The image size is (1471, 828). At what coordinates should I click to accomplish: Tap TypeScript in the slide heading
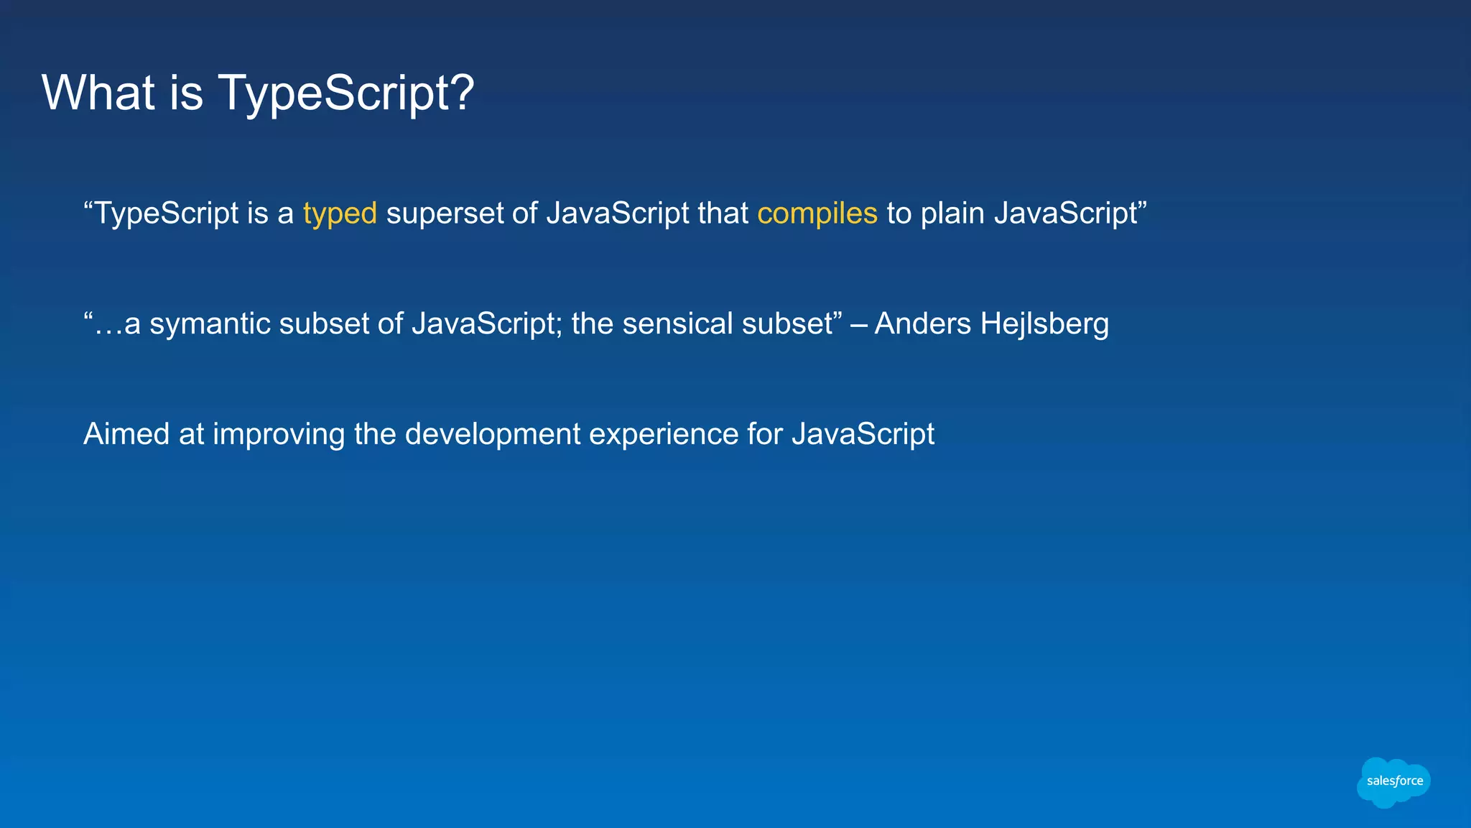pos(338,93)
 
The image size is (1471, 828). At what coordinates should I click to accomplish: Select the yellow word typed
pos(340,214)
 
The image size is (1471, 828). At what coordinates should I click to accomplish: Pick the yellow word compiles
pos(817,213)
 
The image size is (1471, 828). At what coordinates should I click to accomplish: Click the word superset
pos(445,214)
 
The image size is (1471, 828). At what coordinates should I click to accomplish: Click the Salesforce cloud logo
pos(1393,782)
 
